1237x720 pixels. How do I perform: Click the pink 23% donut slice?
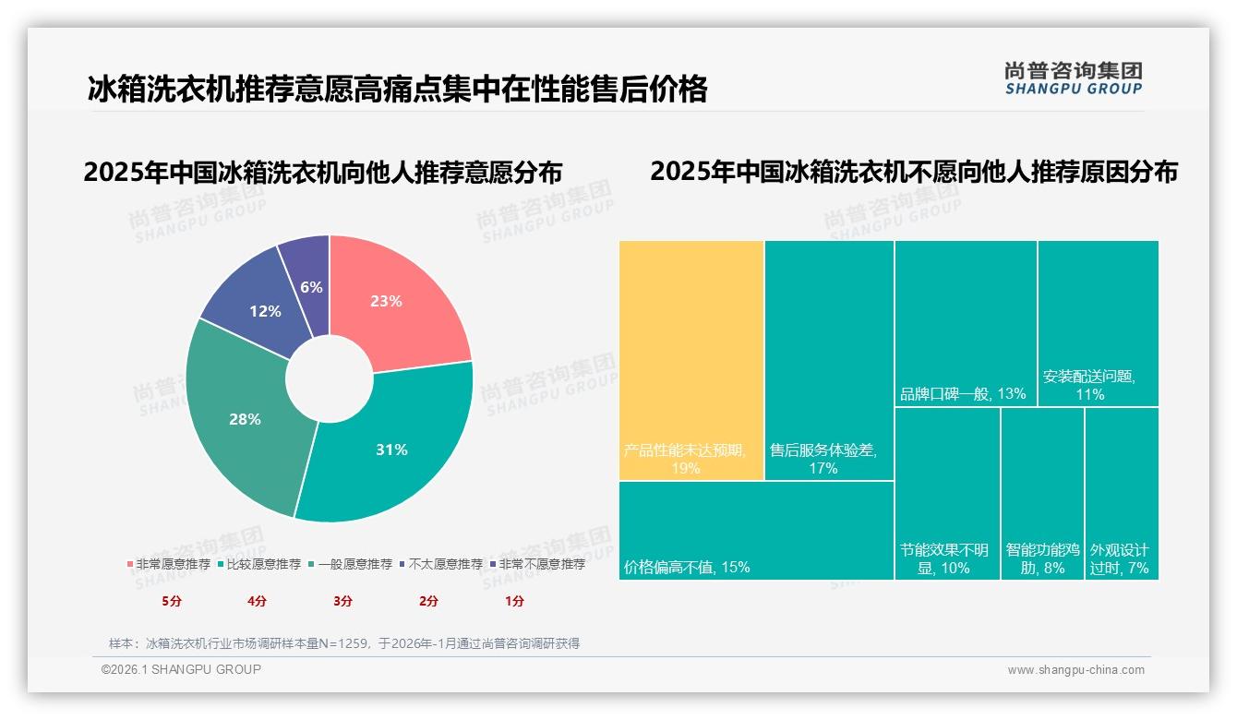pyautogui.click(x=397, y=300)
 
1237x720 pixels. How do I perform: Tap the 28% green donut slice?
pyautogui.click(x=245, y=420)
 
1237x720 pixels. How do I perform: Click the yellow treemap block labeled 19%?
pyautogui.click(x=691, y=360)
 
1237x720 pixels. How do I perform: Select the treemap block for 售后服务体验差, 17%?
pyautogui.click(x=829, y=360)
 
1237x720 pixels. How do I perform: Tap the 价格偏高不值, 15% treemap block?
pyautogui.click(x=756, y=530)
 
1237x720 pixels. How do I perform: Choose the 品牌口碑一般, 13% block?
pyautogui.click(x=966, y=323)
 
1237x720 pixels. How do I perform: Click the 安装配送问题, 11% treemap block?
pyautogui.click(x=1099, y=323)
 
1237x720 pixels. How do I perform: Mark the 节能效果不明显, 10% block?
pyautogui.click(x=947, y=493)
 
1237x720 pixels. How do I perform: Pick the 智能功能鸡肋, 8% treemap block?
pyautogui.click(x=1042, y=493)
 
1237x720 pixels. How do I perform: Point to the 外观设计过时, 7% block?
pyautogui.click(x=1122, y=493)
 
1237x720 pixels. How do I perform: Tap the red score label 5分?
pyautogui.click(x=172, y=601)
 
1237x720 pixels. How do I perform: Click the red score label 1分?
pyautogui.click(x=514, y=601)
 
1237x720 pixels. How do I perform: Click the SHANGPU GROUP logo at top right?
pyautogui.click(x=1074, y=78)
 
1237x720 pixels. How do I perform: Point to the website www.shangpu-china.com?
pyautogui.click(x=1075, y=670)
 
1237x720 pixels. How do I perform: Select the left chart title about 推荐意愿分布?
pyautogui.click(x=323, y=173)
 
